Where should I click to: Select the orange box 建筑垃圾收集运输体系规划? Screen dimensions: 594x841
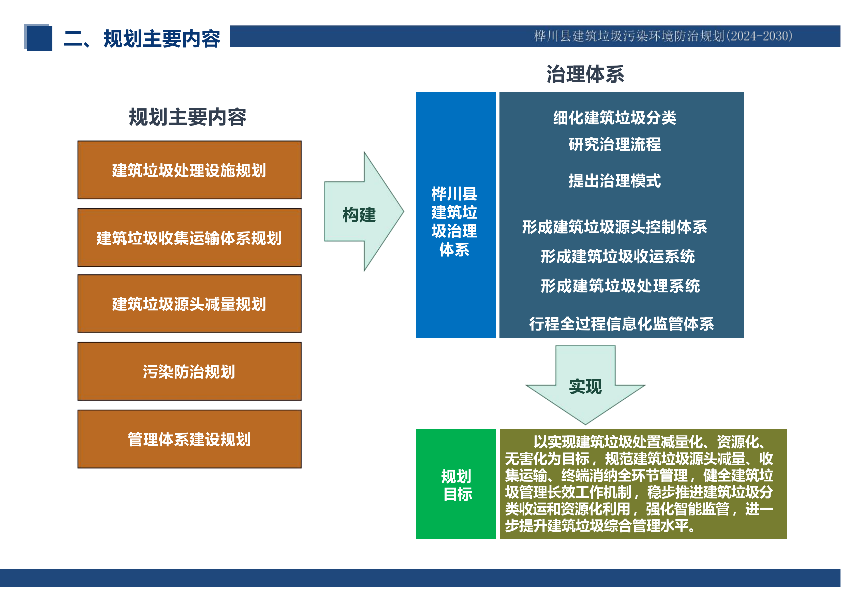click(x=189, y=238)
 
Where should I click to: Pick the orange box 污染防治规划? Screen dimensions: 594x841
click(x=189, y=371)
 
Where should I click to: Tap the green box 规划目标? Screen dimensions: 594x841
click(x=456, y=484)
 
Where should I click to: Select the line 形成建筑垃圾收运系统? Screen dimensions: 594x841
click(x=617, y=256)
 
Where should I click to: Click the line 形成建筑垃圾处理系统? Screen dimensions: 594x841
click(x=620, y=286)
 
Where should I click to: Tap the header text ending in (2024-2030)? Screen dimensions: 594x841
click(x=663, y=36)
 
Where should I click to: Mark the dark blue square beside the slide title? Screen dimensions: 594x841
click(x=39, y=37)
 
